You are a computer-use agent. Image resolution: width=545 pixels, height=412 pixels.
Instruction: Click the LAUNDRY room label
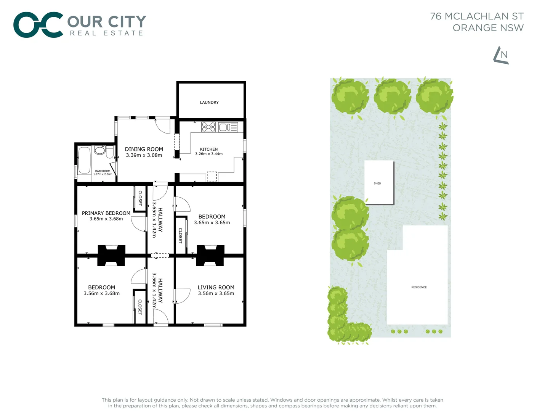(209, 103)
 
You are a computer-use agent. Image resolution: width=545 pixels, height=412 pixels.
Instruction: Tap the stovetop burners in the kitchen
(208, 127)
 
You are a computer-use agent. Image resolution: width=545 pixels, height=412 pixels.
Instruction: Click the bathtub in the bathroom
(84, 160)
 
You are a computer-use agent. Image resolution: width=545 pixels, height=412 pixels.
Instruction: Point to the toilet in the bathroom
(110, 153)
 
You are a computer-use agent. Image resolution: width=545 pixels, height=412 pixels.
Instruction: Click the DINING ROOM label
(144, 149)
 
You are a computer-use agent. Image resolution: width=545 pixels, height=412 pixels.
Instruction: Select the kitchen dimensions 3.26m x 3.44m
(209, 154)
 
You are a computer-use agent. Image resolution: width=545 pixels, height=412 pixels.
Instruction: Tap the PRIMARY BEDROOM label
(106, 213)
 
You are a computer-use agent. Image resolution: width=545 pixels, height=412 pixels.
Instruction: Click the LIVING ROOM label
(216, 287)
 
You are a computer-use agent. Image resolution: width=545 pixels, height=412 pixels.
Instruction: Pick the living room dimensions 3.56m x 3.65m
(216, 293)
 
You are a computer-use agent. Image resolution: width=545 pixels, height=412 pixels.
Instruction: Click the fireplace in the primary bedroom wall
(111, 255)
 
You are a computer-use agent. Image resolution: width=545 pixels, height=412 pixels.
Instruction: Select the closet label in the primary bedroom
(140, 198)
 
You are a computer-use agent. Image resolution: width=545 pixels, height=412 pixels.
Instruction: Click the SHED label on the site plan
(377, 183)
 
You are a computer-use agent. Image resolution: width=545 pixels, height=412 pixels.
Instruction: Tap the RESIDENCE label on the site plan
(419, 287)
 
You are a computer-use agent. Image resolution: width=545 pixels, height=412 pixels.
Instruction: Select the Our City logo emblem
(38, 25)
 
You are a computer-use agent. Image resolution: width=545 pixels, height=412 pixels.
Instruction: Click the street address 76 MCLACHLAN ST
(477, 16)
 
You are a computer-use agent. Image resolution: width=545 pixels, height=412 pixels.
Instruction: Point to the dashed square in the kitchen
(212, 176)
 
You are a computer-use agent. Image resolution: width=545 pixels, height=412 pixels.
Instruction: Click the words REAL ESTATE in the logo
(106, 33)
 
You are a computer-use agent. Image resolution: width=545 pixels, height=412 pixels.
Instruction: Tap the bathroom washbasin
(100, 150)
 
